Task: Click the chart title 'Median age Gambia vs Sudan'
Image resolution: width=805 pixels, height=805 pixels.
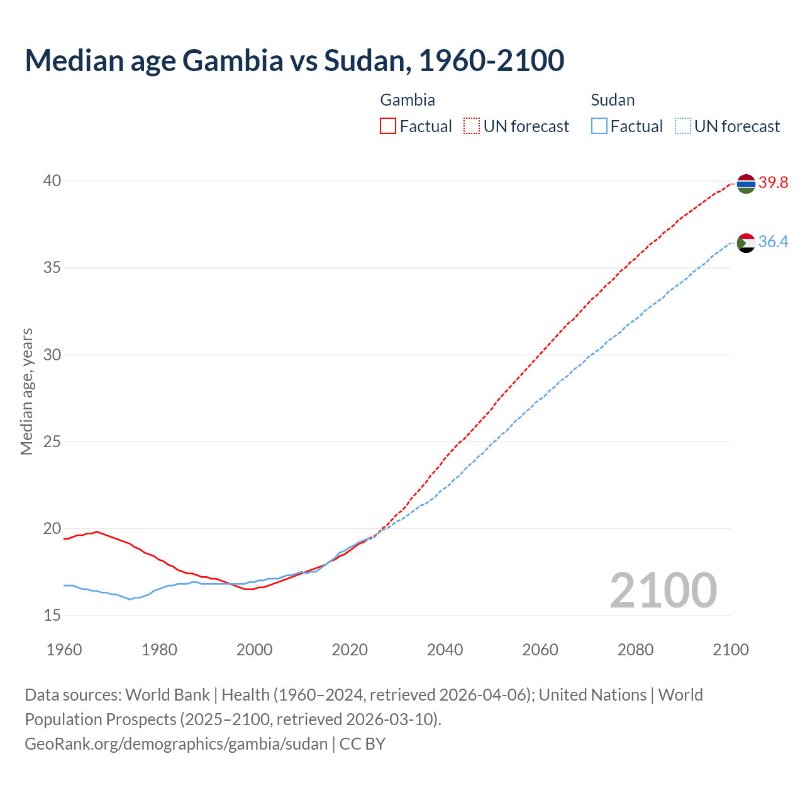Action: [294, 60]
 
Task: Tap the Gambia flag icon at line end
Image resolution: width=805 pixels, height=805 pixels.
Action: [745, 183]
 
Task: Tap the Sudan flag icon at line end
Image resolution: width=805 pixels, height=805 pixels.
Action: [745, 243]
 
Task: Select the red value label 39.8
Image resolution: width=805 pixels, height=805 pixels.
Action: [773, 183]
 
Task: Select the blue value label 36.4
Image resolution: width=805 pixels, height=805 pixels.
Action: [773, 242]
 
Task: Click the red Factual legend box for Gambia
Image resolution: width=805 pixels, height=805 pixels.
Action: [388, 126]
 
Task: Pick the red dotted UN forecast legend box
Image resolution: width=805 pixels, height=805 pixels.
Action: [472, 126]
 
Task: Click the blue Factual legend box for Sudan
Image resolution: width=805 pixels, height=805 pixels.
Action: [599, 126]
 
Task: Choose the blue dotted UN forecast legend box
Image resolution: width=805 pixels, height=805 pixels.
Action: [682, 126]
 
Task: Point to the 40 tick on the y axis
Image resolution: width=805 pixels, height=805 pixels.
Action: [52, 181]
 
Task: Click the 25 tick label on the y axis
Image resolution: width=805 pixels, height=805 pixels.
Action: [52, 441]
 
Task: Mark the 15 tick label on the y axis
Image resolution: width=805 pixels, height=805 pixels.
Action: [52, 615]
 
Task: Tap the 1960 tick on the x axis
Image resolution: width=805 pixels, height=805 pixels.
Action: [64, 650]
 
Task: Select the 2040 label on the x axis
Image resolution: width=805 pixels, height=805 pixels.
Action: [445, 650]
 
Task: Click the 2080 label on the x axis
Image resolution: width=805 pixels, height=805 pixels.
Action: [635, 650]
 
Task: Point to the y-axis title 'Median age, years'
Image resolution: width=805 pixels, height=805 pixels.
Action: [26, 391]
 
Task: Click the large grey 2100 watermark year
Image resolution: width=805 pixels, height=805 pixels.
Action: [663, 591]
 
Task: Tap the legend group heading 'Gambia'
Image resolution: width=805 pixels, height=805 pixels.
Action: [408, 100]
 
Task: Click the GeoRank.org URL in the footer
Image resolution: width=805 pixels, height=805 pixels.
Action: [176, 744]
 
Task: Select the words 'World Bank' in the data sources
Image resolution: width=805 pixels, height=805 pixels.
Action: [167, 695]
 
